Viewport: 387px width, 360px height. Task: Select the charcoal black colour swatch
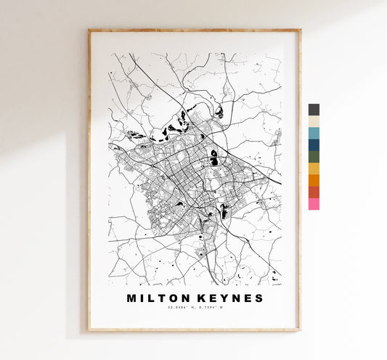tap(314, 110)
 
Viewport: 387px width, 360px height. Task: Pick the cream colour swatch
tap(314, 121)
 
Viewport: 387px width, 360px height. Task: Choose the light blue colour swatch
tap(314, 133)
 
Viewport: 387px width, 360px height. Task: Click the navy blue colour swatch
tap(314, 144)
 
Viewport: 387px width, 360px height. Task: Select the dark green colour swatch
tap(314, 156)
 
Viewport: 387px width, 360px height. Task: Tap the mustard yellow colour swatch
tap(314, 168)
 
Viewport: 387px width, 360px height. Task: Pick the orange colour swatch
tap(314, 180)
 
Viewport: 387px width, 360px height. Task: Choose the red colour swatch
tap(314, 192)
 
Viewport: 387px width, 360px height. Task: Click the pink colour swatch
tap(314, 204)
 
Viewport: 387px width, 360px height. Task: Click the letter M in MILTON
tap(131, 298)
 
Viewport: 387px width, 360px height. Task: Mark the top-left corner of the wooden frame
tap(89, 30)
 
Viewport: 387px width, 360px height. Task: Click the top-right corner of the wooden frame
tap(300, 30)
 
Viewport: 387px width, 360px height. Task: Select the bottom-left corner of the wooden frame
tap(89, 330)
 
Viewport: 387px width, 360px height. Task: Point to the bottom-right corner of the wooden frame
tap(300, 330)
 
